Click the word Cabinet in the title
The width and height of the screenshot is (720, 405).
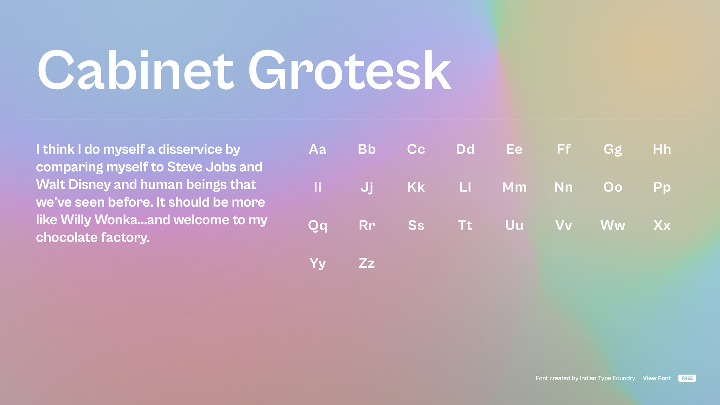pyautogui.click(x=136, y=70)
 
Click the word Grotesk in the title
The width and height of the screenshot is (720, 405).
pyautogui.click(x=349, y=70)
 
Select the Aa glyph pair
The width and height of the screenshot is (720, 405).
pyautogui.click(x=318, y=149)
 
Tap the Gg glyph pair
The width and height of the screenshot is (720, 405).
pyautogui.click(x=613, y=150)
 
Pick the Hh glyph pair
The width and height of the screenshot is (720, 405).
pyautogui.click(x=662, y=149)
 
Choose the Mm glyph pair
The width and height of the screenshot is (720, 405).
pyautogui.click(x=514, y=187)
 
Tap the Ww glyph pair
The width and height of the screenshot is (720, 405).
pyautogui.click(x=613, y=225)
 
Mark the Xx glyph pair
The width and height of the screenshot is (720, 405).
pyautogui.click(x=662, y=225)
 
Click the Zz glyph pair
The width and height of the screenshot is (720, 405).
pyautogui.click(x=367, y=263)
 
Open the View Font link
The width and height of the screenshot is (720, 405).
pyautogui.click(x=657, y=378)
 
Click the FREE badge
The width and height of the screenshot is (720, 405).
pyautogui.click(x=687, y=378)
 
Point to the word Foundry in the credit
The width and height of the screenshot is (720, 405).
pyautogui.click(x=624, y=378)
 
